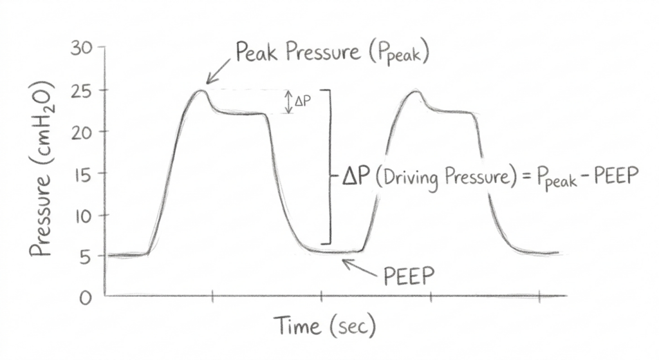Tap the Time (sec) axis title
click(x=324, y=326)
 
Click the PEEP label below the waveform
click(x=409, y=278)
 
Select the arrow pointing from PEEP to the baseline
click(x=360, y=267)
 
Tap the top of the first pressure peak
click(x=201, y=90)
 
